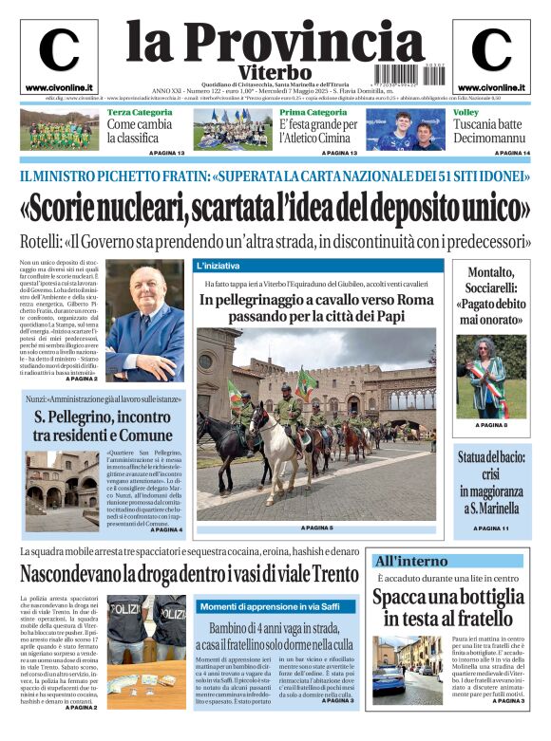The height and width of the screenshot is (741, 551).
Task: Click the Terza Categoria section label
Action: pyautogui.click(x=140, y=113)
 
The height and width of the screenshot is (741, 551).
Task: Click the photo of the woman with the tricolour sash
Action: pyautogui.click(x=490, y=377)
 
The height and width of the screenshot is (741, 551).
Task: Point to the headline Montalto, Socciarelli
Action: pyautogui.click(x=490, y=296)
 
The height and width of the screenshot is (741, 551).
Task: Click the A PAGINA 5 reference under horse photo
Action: pyautogui.click(x=317, y=528)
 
